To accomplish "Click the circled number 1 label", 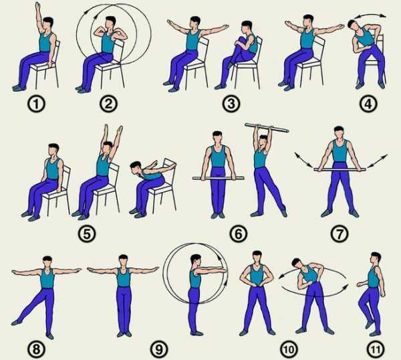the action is (36, 104).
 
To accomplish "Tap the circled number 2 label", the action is (109, 104).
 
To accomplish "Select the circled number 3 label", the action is (231, 104).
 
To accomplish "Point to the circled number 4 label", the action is (368, 104).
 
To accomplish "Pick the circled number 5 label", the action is (87, 234).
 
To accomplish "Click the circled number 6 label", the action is (239, 234).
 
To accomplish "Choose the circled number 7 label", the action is (340, 234).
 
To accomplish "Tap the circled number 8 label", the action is (36, 349).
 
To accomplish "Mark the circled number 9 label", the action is (159, 349).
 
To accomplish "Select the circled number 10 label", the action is (289, 349).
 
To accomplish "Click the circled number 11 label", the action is (376, 349).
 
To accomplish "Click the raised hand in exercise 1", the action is (37, 5).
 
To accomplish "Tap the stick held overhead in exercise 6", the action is (267, 128).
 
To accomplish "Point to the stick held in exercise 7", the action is (340, 169).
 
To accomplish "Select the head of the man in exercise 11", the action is (375, 258).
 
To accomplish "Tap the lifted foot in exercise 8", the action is (16, 322).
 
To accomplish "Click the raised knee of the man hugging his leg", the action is (241, 40).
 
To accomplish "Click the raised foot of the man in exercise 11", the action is (369, 325).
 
